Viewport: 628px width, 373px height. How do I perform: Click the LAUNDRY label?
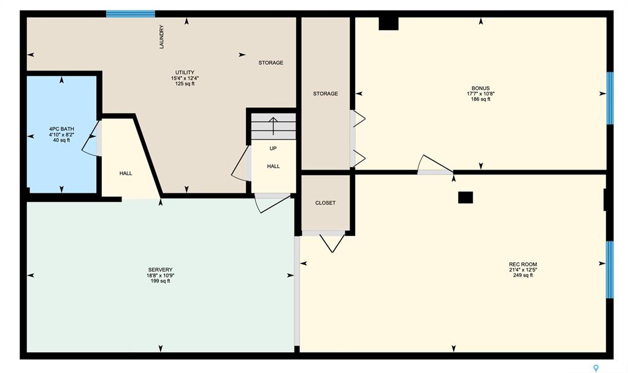point(162,37)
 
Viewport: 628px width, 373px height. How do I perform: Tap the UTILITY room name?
point(185,73)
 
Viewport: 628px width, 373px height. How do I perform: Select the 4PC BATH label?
point(62,129)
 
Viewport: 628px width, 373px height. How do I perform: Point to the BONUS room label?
point(481,88)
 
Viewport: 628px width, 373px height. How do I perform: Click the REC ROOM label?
point(523,264)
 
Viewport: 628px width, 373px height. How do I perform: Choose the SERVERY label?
point(160,270)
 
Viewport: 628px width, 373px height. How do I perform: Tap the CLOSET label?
point(325,203)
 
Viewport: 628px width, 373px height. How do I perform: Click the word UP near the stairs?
point(273,149)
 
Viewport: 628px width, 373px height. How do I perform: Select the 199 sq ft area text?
point(160,281)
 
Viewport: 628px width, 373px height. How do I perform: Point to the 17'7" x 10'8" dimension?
point(481,94)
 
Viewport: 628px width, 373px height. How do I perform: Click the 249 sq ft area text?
point(523,276)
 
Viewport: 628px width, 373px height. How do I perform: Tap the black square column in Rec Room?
point(465,197)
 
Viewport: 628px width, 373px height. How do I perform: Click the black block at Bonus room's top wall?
point(388,23)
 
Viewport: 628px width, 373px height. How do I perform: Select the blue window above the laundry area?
point(131,14)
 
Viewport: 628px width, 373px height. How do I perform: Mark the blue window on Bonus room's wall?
point(610,98)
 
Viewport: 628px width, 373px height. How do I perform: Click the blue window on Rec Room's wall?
point(610,269)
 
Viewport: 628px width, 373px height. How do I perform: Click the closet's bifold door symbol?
point(332,243)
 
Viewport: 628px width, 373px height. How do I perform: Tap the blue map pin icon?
point(595,368)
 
